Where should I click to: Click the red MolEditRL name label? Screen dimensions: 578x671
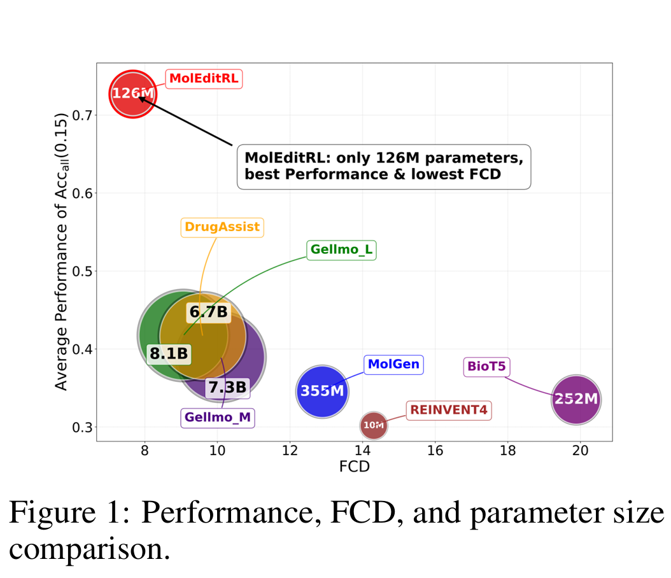(x=204, y=79)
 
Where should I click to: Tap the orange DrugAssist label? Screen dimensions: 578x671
(x=222, y=227)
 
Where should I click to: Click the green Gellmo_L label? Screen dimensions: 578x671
(x=341, y=250)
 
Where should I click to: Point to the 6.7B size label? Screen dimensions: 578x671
(x=208, y=312)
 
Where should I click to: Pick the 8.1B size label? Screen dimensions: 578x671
(x=168, y=353)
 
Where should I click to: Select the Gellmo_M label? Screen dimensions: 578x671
(x=217, y=418)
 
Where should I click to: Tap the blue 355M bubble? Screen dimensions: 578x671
(x=323, y=391)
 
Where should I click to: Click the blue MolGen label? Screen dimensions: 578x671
(x=393, y=365)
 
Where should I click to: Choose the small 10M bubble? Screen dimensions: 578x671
(x=374, y=425)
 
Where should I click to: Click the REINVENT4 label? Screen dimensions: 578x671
(x=448, y=410)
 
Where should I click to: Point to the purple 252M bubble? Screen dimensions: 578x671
(x=576, y=399)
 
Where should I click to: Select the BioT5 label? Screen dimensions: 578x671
(x=486, y=367)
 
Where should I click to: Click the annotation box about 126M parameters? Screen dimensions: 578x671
(x=383, y=166)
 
